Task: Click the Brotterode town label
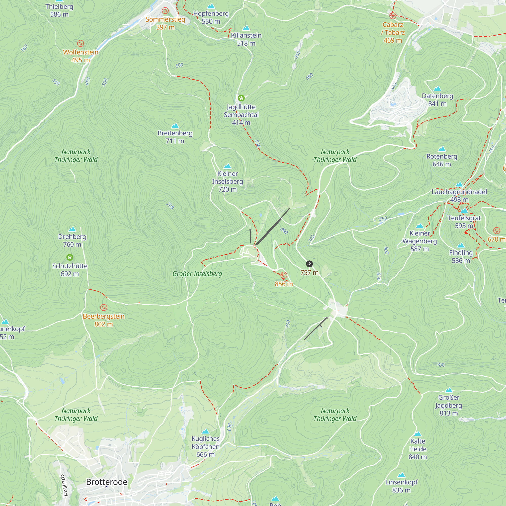107,482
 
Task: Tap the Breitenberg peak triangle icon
175,126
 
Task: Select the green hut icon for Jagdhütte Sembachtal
241,98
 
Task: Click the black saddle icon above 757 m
309,264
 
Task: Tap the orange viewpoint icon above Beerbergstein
104,307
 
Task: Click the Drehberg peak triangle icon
72,229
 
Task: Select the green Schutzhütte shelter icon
70,257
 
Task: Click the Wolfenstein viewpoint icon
81,43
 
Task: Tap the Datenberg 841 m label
437,100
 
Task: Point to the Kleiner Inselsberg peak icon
228,166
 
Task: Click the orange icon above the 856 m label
284,275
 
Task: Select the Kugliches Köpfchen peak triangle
206,431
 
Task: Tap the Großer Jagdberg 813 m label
449,405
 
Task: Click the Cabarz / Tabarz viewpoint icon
392,16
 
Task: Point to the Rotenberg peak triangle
442,149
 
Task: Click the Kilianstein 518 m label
246,39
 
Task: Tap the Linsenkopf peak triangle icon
401,475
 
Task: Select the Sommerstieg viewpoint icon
165,11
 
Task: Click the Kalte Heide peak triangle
418,434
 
